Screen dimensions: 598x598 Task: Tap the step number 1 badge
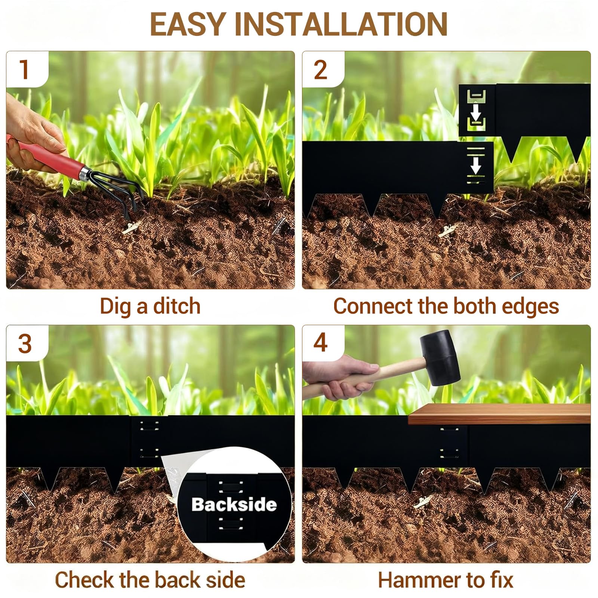25,70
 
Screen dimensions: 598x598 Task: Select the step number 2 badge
321,70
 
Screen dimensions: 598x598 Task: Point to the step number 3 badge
25,343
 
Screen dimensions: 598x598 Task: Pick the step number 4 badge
321,342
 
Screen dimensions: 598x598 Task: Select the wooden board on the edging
499,414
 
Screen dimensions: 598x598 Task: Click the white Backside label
234,505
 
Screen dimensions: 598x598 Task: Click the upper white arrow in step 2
475,112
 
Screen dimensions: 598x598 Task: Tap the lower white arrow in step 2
475,165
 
